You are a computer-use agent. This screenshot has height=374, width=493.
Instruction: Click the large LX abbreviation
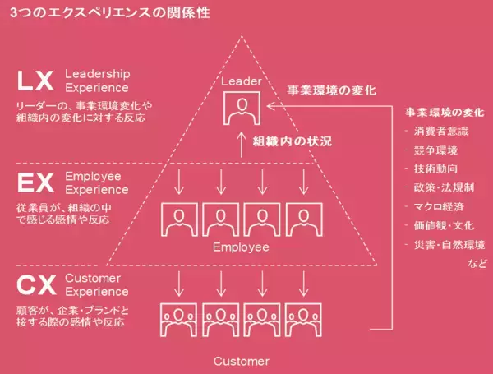(36, 81)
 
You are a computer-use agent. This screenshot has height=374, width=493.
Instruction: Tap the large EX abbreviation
(36, 182)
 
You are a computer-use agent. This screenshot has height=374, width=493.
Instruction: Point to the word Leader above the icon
(242, 82)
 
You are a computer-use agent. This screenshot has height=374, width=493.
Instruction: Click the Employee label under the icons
(241, 247)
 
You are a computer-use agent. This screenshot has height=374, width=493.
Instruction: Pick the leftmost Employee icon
(178, 219)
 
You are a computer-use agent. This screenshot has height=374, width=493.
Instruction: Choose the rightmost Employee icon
(303, 219)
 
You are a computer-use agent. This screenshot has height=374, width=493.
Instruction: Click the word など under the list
(477, 263)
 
